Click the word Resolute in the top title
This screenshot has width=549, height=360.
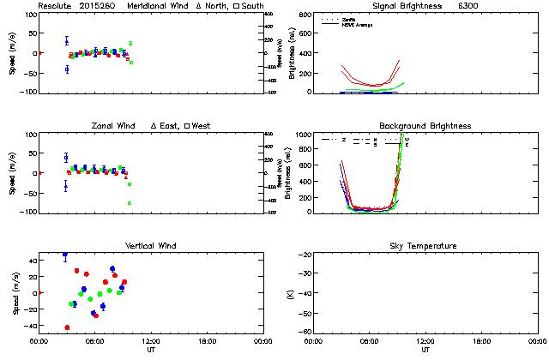[x=57, y=6]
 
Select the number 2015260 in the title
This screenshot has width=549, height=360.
[x=98, y=6]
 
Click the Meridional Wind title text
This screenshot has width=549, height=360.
[x=155, y=6]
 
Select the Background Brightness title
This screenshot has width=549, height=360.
[x=425, y=126]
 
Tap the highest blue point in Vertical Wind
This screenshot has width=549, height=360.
[x=65, y=255]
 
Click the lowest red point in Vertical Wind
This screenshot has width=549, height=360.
[x=67, y=327]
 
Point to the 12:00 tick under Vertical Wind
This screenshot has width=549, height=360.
[x=151, y=341]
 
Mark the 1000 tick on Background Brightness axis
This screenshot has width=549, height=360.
[x=301, y=135]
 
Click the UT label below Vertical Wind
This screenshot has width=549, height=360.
[x=151, y=350]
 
